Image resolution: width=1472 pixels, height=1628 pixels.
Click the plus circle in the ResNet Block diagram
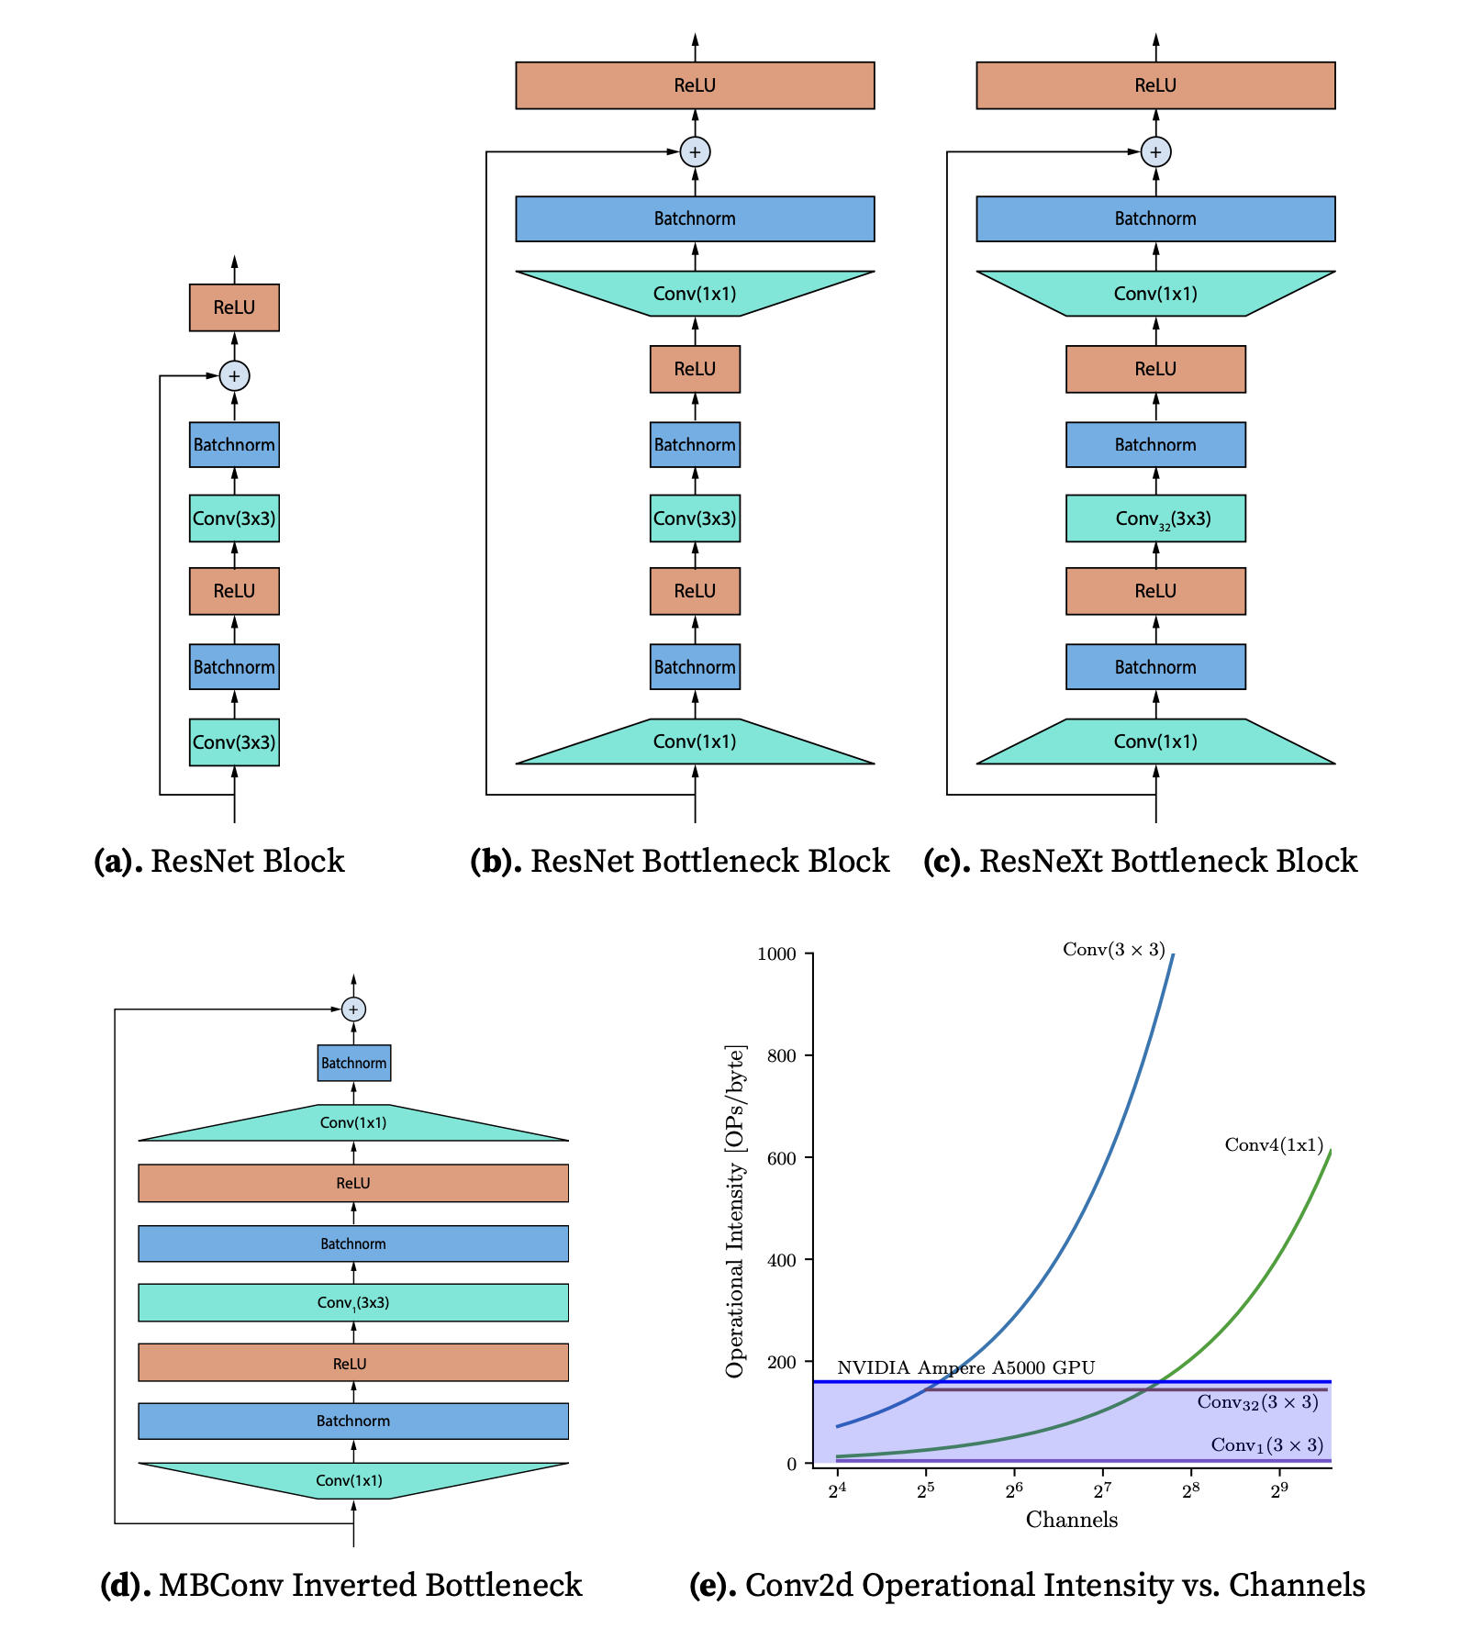(234, 375)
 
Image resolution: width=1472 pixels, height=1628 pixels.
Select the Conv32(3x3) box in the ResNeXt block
(1155, 519)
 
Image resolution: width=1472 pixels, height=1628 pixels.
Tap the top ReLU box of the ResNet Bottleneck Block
(695, 85)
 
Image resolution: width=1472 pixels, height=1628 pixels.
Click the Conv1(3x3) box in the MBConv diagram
(353, 1302)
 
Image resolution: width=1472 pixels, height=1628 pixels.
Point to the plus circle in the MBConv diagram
(353, 1009)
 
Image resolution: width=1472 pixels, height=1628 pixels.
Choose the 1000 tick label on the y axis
(776, 954)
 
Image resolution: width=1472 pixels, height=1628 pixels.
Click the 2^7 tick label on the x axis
(1102, 1490)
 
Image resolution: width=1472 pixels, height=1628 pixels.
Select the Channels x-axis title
(1071, 1520)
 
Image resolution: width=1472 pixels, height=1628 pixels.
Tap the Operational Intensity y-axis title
(735, 1210)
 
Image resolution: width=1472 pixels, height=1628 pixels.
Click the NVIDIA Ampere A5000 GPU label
(965, 1367)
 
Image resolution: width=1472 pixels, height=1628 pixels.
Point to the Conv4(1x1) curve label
(1274, 1144)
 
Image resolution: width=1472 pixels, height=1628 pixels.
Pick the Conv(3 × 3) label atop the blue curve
(1113, 950)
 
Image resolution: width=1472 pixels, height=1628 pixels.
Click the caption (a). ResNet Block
(219, 861)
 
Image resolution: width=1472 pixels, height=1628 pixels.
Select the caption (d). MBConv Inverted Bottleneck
(340, 1585)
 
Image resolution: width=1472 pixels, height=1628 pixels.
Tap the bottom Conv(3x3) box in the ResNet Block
(234, 742)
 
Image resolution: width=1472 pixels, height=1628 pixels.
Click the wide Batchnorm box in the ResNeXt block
(1155, 218)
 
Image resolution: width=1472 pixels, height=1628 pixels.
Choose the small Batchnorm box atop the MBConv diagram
(353, 1063)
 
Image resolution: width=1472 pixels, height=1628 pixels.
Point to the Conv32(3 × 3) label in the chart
(1257, 1402)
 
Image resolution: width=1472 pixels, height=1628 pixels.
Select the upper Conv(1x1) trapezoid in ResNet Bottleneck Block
(695, 294)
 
